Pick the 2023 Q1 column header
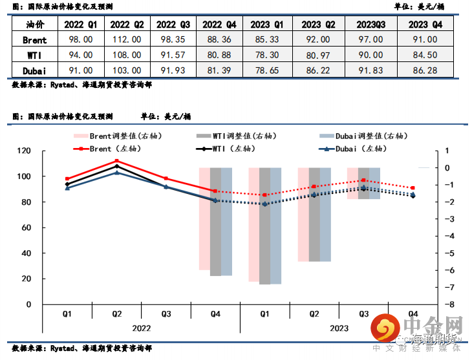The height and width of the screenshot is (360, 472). pos(267,25)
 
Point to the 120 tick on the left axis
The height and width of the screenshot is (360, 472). pos(25,151)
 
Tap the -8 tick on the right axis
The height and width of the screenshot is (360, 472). pos(444,304)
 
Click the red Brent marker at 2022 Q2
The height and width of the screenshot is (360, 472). pos(117,161)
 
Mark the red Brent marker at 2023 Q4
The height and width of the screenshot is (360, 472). pos(413,188)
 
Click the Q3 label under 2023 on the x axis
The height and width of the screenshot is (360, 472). pos(363,314)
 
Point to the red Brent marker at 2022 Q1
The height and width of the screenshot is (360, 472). pos(67,179)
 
